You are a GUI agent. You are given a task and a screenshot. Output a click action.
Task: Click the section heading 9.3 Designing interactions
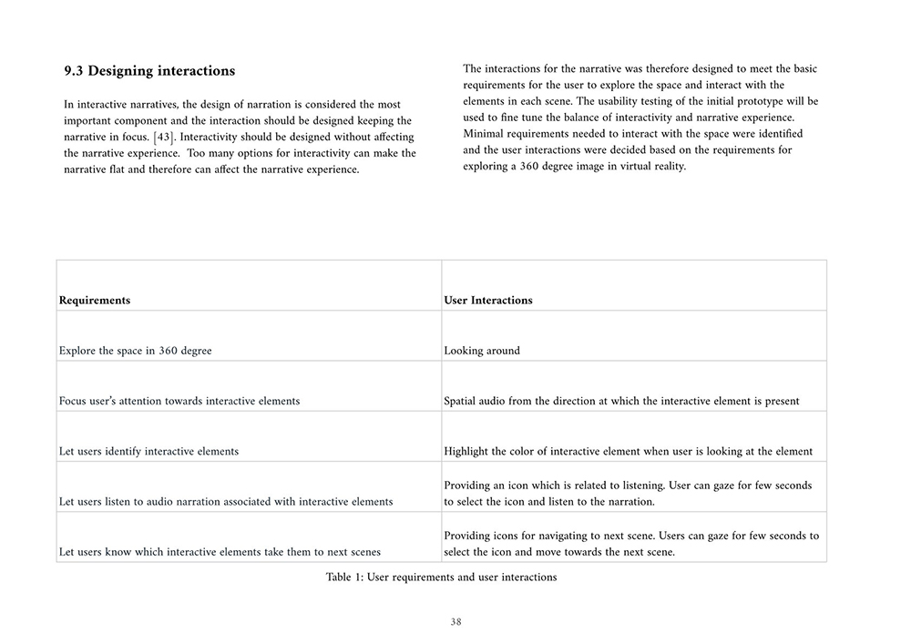[x=149, y=71]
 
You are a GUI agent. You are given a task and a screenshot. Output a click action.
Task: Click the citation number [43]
[x=164, y=137]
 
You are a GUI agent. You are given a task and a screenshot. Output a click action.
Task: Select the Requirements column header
[x=95, y=301]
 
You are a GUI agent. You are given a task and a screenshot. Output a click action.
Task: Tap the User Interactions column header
[x=488, y=301]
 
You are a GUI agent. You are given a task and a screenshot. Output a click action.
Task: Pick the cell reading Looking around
[x=482, y=351]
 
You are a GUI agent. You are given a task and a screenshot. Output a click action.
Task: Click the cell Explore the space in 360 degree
[x=135, y=351]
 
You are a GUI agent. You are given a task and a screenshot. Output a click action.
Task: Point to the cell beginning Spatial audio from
[x=621, y=401]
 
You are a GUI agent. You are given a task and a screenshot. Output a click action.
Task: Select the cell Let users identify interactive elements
[x=148, y=451]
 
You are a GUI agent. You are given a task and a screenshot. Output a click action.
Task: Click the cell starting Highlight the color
[x=628, y=451]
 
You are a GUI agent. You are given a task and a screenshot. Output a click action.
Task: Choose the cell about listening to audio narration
[x=226, y=501]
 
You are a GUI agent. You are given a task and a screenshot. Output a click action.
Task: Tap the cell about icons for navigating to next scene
[x=631, y=544]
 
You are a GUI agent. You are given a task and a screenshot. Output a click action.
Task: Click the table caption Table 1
[x=441, y=578]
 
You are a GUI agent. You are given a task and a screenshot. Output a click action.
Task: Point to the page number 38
[x=455, y=622]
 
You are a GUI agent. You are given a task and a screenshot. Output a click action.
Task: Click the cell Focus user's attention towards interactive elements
[x=179, y=401]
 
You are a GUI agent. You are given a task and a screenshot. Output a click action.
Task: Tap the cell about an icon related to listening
[x=628, y=494]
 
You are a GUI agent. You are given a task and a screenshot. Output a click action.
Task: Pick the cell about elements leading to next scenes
[x=220, y=551]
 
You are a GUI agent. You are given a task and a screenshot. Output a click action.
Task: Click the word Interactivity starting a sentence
[x=212, y=137]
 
